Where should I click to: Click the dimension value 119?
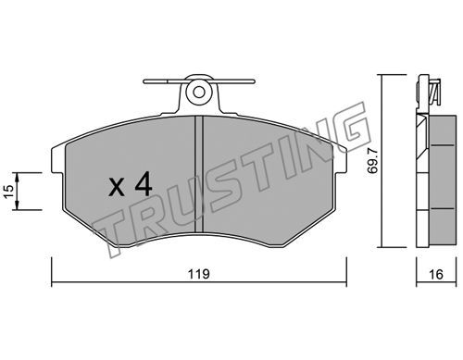[199, 274]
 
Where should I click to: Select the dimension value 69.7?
[373, 160]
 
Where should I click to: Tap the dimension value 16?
[436, 274]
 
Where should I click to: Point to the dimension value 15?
[9, 192]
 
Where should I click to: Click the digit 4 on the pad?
[144, 184]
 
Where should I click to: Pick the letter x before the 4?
[117, 188]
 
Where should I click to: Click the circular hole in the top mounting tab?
[199, 92]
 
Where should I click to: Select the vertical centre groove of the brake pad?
[199, 174]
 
